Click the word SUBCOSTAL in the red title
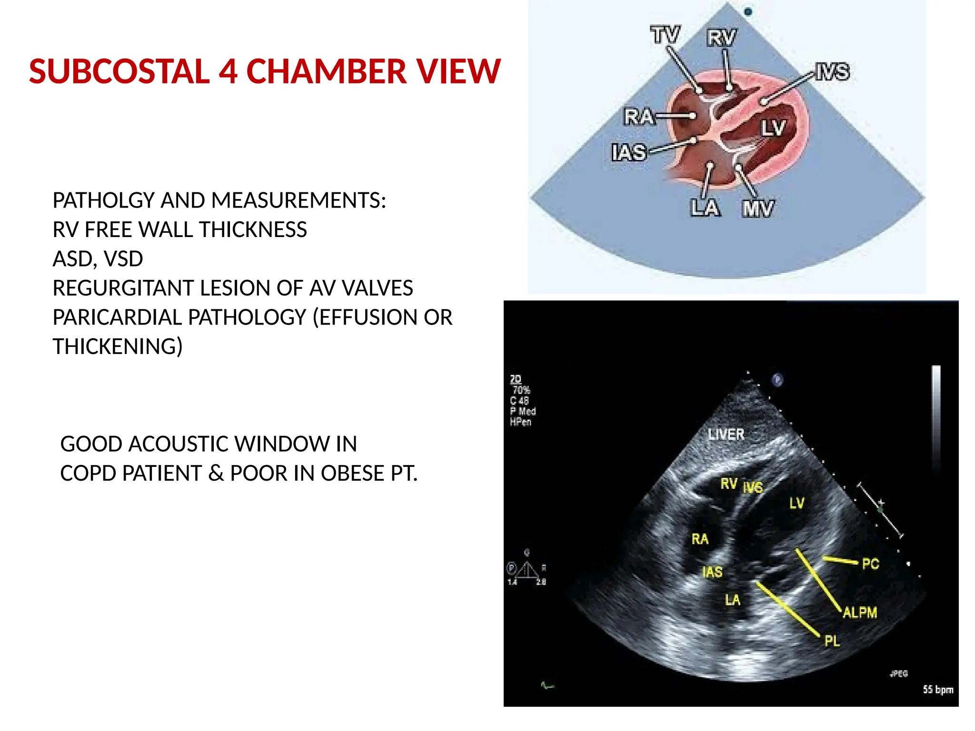coord(119,71)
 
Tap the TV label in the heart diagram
coord(665,35)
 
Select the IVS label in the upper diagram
coord(832,72)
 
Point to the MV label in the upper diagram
coord(757,208)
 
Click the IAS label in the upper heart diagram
coord(629,153)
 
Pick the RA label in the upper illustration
coord(639,117)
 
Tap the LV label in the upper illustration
coord(773,128)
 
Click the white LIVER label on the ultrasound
coord(726,435)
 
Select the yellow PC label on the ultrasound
coord(870,564)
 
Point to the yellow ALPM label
coord(860,612)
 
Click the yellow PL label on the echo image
coord(832,641)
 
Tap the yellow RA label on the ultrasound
coord(700,539)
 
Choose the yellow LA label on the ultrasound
coord(733,600)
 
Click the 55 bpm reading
coord(937,690)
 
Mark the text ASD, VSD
coord(98,259)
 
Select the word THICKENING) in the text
coord(118,346)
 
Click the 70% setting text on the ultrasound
coord(521,390)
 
